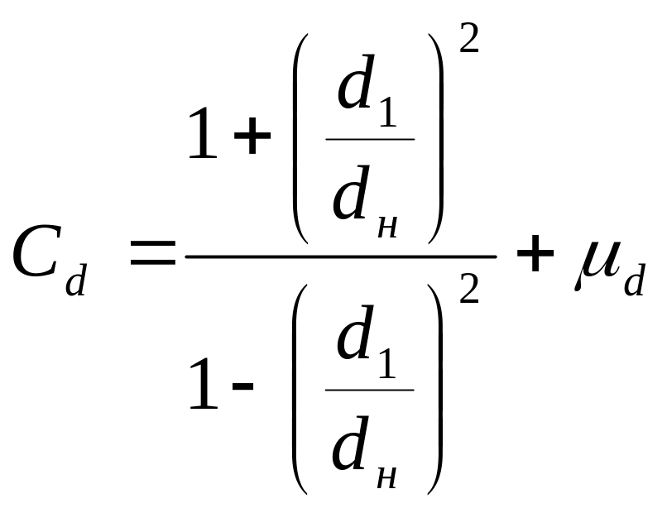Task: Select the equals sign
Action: (x=154, y=255)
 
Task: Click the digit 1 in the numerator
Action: (x=203, y=137)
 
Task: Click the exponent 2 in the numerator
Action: (x=468, y=38)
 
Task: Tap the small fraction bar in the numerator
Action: (x=370, y=139)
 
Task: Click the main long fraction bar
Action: (x=340, y=256)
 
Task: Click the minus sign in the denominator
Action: (x=243, y=390)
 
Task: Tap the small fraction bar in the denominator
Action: (x=370, y=390)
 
